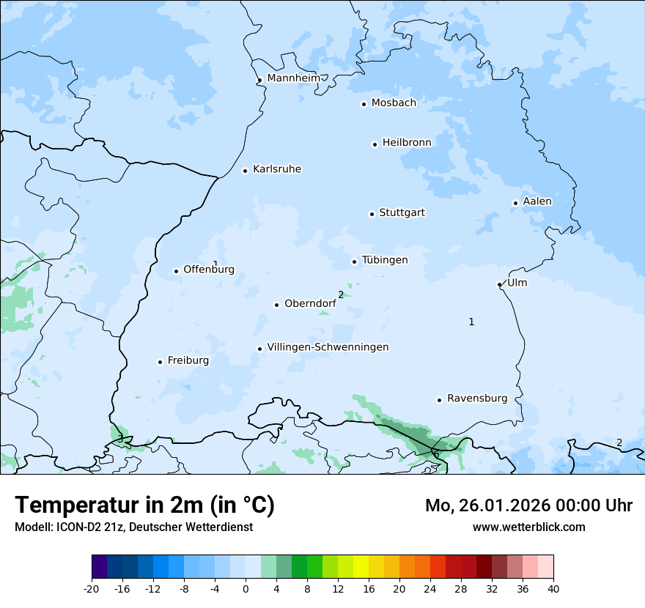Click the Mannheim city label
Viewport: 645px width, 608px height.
[293, 78]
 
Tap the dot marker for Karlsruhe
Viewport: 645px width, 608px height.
[246, 171]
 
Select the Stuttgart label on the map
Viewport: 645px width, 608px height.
[402, 213]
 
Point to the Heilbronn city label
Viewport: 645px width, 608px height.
[407, 143]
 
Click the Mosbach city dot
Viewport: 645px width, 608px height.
[364, 104]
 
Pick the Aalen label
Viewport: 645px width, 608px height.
[537, 201]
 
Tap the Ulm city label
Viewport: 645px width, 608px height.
[517, 283]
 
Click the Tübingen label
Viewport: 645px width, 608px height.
[385, 260]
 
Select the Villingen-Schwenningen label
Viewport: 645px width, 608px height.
[328, 347]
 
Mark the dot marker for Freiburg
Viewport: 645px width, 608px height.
[160, 362]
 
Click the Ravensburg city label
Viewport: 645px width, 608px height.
[477, 398]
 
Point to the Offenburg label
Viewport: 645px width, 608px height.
[209, 270]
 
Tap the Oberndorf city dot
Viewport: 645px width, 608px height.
[276, 305]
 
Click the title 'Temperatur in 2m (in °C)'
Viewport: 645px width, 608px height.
[145, 505]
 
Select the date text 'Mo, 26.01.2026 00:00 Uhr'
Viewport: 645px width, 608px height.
[528, 505]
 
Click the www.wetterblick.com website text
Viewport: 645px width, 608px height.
[528, 527]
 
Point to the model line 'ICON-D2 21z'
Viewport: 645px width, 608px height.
[133, 527]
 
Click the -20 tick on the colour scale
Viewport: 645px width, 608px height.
[92, 588]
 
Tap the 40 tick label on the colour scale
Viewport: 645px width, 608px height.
[553, 588]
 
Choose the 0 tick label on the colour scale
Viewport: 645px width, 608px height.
[246, 588]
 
